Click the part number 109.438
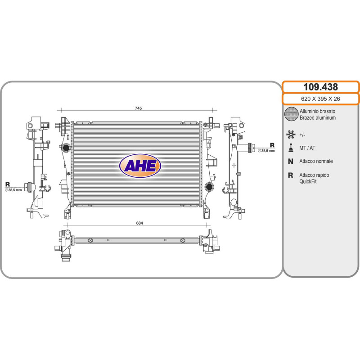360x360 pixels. [x=320, y=87]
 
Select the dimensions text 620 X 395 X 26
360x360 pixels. [x=320, y=99]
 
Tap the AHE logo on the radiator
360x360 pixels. [x=140, y=166]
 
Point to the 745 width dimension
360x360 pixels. [x=138, y=108]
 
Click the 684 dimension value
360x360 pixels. [x=139, y=223]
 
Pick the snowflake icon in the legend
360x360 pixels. [x=291, y=134]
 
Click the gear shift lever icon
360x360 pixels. [x=291, y=148]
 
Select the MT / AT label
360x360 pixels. [x=307, y=148]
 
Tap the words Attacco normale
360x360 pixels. [x=316, y=161]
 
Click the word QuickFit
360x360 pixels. [x=308, y=181]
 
